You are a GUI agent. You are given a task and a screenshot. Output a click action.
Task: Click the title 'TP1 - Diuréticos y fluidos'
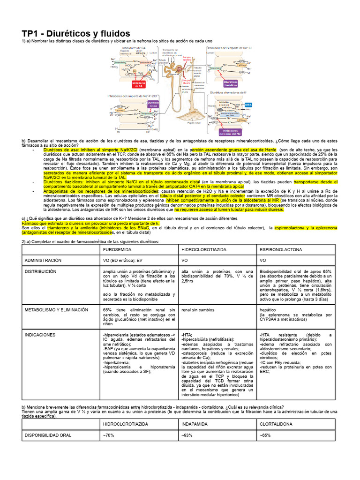[76, 33]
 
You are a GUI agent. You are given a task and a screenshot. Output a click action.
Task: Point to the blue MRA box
[248, 105]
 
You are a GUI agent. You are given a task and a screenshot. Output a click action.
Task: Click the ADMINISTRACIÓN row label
[43, 260]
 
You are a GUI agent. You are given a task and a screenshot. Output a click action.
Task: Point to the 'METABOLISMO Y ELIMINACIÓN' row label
[56, 310]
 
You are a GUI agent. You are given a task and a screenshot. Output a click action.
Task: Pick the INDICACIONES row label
[40, 335]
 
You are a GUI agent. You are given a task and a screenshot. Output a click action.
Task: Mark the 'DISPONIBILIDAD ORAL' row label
[48, 435]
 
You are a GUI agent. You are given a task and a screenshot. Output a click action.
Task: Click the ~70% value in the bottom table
[109, 435]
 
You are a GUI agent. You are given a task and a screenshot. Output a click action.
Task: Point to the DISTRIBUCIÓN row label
[40, 271]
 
